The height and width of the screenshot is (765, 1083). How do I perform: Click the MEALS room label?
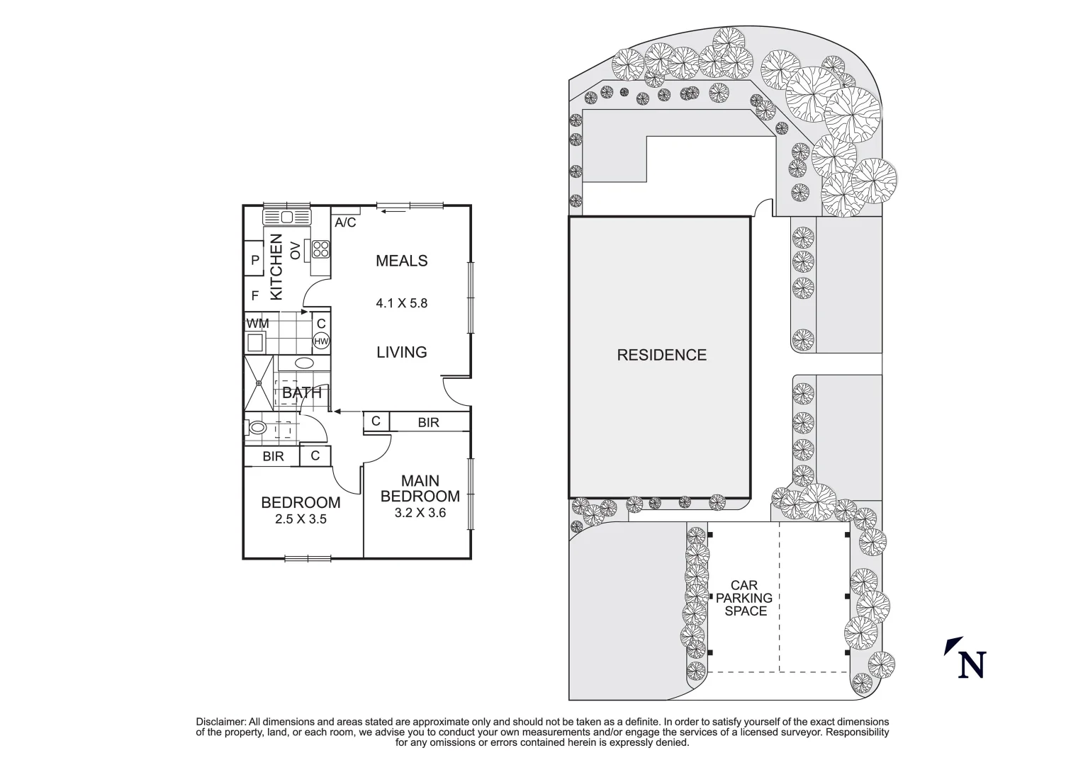tap(401, 261)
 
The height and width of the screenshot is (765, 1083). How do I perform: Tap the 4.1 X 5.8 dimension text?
tap(401, 303)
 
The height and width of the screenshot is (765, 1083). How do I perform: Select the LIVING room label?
tap(401, 352)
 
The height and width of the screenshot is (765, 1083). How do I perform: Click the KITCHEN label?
tap(276, 266)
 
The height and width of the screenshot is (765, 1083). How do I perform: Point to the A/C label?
tap(345, 223)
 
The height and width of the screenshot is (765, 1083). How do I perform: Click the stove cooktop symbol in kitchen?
tap(320, 249)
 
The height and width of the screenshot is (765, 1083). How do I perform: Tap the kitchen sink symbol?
tap(287, 217)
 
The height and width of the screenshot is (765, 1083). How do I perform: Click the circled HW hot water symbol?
tap(321, 341)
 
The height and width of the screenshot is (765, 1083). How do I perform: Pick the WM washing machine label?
tap(257, 324)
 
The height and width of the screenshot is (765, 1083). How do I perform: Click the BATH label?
tap(302, 392)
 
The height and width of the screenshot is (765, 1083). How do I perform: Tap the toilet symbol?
tap(257, 428)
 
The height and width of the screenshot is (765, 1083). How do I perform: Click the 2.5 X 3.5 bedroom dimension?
tap(301, 518)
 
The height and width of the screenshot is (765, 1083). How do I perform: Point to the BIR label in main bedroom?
tap(428, 422)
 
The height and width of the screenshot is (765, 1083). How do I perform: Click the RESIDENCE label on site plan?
tap(661, 355)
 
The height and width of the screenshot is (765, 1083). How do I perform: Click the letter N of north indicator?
tap(972, 664)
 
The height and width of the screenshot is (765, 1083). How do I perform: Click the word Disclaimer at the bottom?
tap(220, 722)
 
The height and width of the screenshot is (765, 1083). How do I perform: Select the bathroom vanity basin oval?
tap(304, 363)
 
